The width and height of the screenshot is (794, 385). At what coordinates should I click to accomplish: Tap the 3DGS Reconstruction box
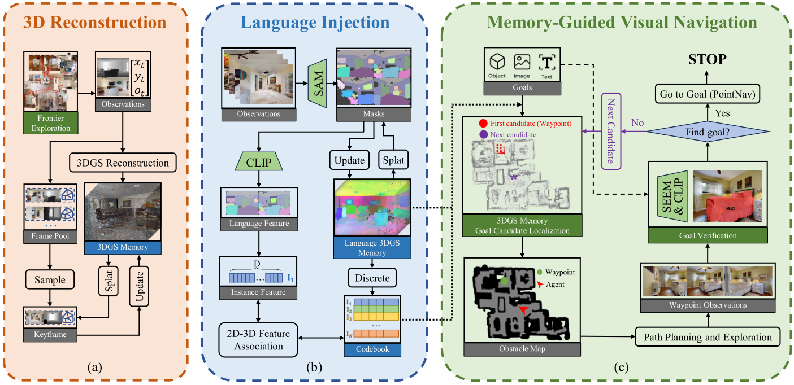pyautogui.click(x=122, y=163)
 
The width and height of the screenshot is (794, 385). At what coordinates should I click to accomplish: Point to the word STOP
pyautogui.click(x=707, y=59)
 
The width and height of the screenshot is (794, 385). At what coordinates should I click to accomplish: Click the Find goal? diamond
pyautogui.click(x=707, y=131)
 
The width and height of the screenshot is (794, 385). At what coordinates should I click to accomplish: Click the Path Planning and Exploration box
pyautogui.click(x=708, y=337)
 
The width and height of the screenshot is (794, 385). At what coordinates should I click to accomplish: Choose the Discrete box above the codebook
pyautogui.click(x=372, y=278)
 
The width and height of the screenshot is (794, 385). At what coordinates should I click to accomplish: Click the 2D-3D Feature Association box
pyautogui.click(x=259, y=340)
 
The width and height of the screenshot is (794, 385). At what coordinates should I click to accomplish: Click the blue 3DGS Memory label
pyautogui.click(x=122, y=247)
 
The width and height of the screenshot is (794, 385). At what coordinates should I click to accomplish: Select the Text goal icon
pyautogui.click(x=546, y=64)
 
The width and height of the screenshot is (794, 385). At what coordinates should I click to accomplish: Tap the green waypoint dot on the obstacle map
pyautogui.click(x=504, y=279)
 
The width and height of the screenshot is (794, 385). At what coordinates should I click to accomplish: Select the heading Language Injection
pyautogui.click(x=315, y=23)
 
